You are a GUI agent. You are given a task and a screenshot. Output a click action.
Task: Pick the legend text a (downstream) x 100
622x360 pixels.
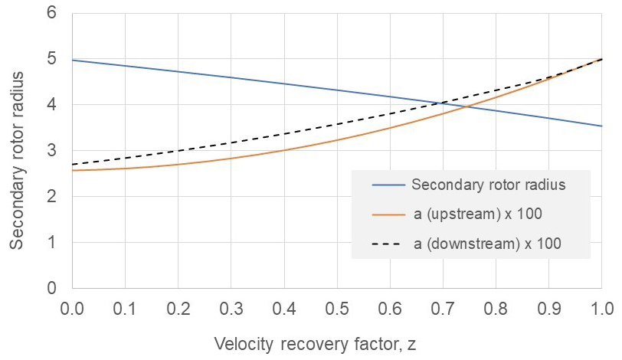point(480,244)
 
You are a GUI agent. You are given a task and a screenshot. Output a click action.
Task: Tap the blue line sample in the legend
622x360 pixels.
point(388,185)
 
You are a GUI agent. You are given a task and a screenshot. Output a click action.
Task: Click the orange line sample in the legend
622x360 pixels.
point(388,214)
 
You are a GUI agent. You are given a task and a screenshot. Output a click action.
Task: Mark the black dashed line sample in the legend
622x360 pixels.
point(388,244)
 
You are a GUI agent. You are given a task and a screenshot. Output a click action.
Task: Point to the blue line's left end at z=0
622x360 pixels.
point(72,60)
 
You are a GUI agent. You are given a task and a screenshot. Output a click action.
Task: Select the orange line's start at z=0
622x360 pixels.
point(72,170)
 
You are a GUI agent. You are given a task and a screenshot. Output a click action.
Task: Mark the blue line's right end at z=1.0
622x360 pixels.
point(602,126)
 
